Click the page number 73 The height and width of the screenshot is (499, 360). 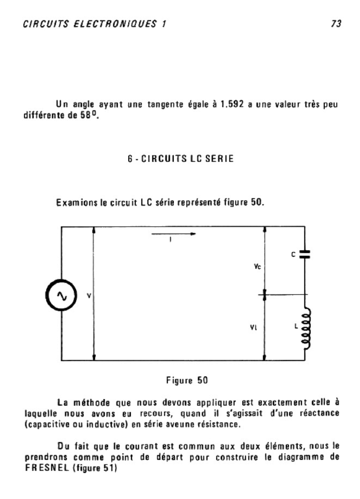pos(336,24)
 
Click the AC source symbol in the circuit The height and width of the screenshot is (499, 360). pos(62,295)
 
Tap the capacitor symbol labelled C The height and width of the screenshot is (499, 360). pos(305,253)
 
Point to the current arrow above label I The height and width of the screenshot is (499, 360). pos(174,234)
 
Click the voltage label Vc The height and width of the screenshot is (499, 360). pos(257,267)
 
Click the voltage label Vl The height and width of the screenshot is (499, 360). pos(254,328)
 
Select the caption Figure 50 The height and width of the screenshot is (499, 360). pos(187,381)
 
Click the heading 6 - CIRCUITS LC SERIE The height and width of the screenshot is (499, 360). pos(180,159)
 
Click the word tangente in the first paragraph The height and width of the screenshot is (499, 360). pos(165,104)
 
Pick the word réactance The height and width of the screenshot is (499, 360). pos(317,413)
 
